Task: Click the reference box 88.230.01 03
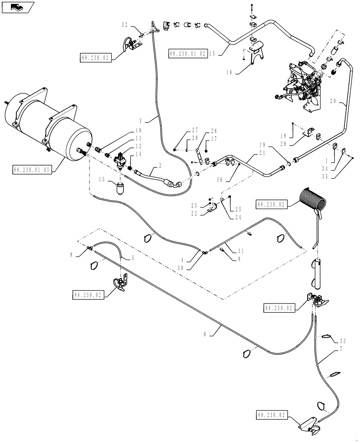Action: (32, 170)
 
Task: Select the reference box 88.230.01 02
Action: (188, 54)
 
